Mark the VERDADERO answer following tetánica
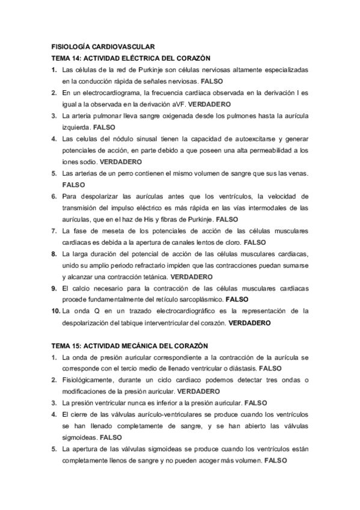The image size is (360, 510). coord(192,277)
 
